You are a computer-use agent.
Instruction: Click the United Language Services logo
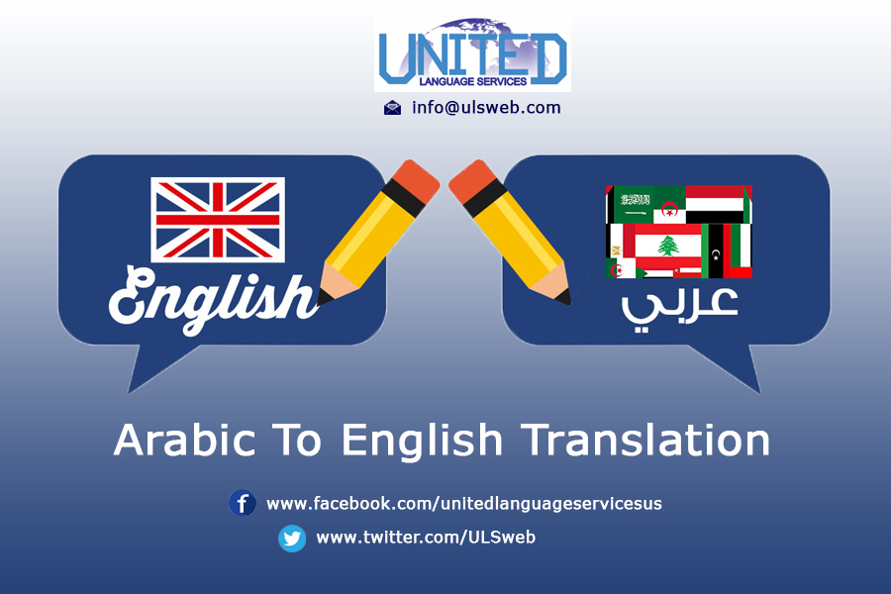(472, 54)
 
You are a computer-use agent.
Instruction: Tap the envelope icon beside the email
(392, 108)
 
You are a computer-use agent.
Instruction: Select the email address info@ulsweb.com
(486, 108)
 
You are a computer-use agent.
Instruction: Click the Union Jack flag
(218, 220)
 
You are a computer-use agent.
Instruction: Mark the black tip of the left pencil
(324, 297)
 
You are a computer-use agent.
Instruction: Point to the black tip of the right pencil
(563, 297)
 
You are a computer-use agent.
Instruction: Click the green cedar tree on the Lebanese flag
(668, 247)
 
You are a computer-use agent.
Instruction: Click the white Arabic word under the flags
(679, 308)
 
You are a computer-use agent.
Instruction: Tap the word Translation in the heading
(645, 440)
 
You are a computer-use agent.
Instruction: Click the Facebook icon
(243, 503)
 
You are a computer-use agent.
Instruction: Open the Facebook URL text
(464, 504)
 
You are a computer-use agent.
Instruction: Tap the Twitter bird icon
(292, 539)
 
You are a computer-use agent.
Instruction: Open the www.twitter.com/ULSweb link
(426, 538)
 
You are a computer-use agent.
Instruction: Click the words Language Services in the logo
(473, 82)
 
